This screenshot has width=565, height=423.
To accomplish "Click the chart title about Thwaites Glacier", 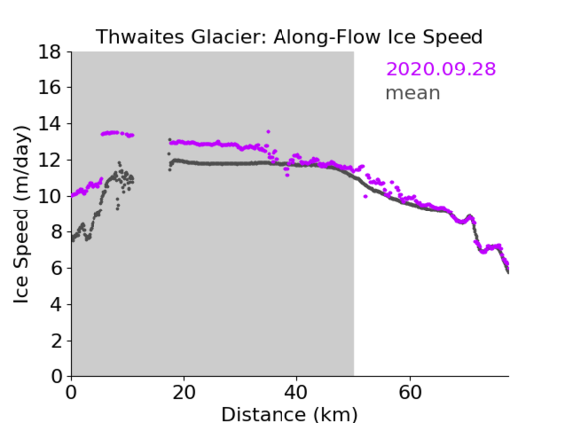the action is [x=289, y=37].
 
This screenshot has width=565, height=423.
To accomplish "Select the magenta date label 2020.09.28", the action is [x=441, y=70].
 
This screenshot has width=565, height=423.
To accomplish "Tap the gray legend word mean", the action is [x=413, y=93].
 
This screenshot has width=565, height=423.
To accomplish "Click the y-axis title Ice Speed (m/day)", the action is [x=21, y=214].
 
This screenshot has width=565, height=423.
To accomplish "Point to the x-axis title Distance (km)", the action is [x=289, y=414].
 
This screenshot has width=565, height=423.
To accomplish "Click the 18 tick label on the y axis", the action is [x=50, y=52].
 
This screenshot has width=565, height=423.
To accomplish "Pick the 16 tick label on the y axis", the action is [x=50, y=87].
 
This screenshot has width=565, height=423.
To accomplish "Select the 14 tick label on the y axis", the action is [x=50, y=124].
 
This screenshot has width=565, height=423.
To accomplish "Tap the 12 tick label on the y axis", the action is [x=50, y=160].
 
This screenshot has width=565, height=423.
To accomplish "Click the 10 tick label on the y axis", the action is [x=50, y=197].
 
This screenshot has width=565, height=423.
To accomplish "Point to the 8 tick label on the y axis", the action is [x=56, y=232].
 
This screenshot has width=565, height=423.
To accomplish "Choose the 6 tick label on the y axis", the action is [x=56, y=269].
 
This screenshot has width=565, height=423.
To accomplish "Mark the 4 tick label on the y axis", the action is [x=56, y=305].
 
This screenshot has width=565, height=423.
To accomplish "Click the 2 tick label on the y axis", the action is [x=56, y=341].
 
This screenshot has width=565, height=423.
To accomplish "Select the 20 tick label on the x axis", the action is [x=184, y=393].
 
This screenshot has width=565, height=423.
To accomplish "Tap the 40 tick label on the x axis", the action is [x=296, y=393].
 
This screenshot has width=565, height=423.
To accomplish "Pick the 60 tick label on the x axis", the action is [x=410, y=393].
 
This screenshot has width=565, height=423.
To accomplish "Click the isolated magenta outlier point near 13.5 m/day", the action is [x=268, y=132].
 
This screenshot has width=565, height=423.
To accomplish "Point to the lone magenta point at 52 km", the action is [x=365, y=196].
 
